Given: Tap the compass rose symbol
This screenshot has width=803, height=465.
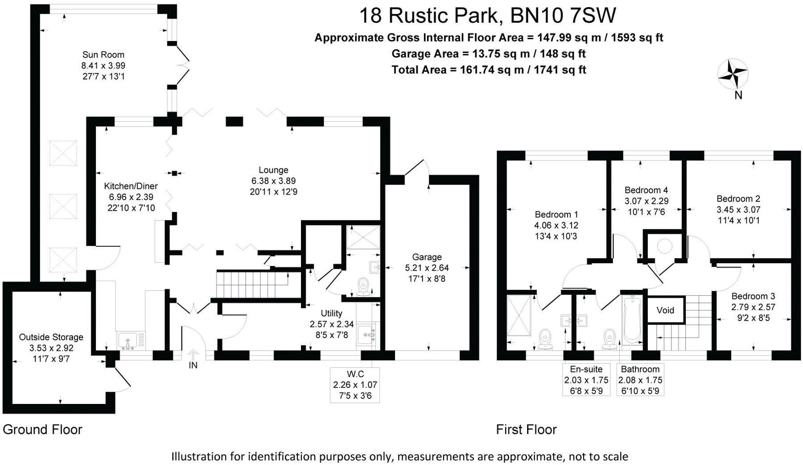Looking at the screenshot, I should tap(733, 74).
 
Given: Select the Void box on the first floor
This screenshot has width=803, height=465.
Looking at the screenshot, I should tap(665, 310).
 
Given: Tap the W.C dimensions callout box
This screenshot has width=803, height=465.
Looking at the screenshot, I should tap(355, 384).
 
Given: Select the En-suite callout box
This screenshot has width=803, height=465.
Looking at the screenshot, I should tap(586, 380).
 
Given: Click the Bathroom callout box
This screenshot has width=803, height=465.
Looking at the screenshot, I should tap(640, 380).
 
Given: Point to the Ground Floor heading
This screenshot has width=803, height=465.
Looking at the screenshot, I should tap(43, 429).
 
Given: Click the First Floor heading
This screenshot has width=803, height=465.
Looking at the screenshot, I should tap(527, 429).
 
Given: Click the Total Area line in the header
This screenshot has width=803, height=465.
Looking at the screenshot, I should tap(489, 69).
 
